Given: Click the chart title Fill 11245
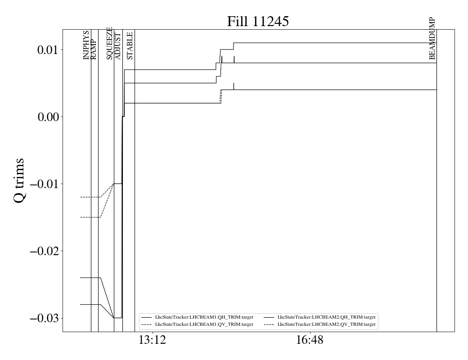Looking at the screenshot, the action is pos(258,22).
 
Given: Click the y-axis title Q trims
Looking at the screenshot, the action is pos(19,180).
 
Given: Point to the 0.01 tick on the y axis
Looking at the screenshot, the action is pos(48,50).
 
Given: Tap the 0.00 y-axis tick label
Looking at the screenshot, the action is pos(48,117).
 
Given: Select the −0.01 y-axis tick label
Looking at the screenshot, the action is pos(45,184).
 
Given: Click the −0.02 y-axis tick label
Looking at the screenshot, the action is pos(45,251).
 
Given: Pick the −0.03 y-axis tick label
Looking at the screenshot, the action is pos(45,318).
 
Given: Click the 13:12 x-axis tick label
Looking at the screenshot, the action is pos(153,340).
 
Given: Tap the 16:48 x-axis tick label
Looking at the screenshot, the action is pos(310,340).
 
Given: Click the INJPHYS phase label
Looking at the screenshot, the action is pos(86,45).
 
